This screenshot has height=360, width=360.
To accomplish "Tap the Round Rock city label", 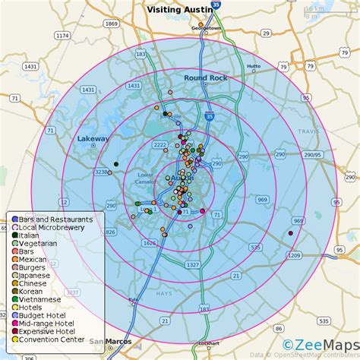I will coord(200,77).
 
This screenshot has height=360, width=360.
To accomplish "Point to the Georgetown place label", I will coord(204,27).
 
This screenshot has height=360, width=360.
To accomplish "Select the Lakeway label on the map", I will coord(93,139).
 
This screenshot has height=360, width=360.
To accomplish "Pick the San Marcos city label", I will coord(110,341).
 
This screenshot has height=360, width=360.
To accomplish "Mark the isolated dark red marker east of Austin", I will coord(291,233).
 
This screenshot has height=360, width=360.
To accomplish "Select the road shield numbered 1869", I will coord(112,24).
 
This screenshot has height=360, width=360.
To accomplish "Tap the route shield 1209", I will coord(294,256).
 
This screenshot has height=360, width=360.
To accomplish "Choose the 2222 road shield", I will coord(159,144).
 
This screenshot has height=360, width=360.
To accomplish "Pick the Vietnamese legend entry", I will coord(42,300).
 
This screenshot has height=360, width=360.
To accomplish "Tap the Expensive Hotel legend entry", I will coord(46,330).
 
